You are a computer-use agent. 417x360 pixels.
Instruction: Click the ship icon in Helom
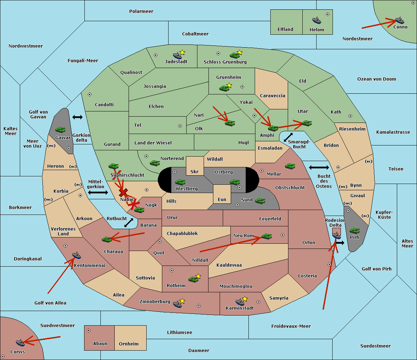pyautogui.click(x=317, y=20)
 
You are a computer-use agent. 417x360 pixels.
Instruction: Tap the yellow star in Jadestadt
pyautogui.click(x=182, y=52)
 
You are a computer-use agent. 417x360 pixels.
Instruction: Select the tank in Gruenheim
pyautogui.click(x=224, y=88)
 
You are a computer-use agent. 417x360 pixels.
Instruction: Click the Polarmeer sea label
pyautogui.click(x=141, y=11)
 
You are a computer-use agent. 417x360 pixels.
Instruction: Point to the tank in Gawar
pyautogui.click(x=60, y=129)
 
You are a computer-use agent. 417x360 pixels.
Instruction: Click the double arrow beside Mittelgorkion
pyautogui.click(x=98, y=192)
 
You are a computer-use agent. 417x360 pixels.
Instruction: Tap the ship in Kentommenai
pyautogui.click(x=76, y=255)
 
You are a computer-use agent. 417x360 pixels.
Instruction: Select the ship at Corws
pyautogui.click(x=20, y=342)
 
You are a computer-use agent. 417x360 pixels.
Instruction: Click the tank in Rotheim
pyautogui.click(x=193, y=279)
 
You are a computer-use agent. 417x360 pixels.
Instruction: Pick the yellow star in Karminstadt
pyautogui.click(x=245, y=299)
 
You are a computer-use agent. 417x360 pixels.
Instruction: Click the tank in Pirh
pyautogui.click(x=354, y=231)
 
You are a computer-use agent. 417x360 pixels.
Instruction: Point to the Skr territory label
pyautogui.click(x=194, y=171)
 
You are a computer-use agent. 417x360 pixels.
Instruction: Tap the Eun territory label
pyautogui.click(x=222, y=199)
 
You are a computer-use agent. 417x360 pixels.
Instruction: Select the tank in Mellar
pyautogui.click(x=290, y=166)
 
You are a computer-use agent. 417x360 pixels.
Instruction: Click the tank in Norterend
pyautogui.click(x=155, y=163)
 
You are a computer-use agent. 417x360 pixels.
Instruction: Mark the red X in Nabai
pyautogui.click(x=123, y=192)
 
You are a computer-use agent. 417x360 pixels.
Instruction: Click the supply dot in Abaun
pyautogui.click(x=89, y=330)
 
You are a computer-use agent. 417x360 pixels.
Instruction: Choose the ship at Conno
pyautogui.click(x=399, y=20)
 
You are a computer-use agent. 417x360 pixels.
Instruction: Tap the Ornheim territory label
pyautogui.click(x=129, y=344)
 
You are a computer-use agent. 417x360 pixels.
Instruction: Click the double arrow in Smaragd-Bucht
pyautogui.click(x=288, y=137)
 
